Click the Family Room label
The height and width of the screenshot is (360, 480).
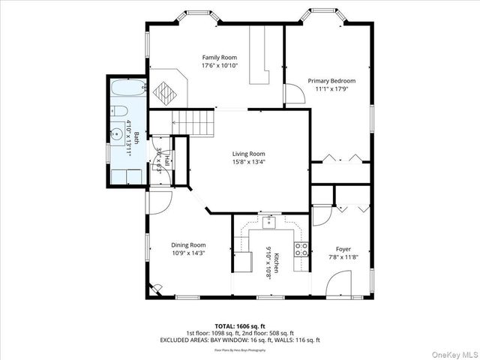click(219, 58)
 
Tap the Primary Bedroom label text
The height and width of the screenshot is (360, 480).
click(331, 80)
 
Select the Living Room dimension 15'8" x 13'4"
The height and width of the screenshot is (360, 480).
click(248, 161)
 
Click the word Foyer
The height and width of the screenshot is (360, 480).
click(343, 249)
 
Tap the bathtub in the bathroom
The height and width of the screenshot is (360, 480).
click(127, 90)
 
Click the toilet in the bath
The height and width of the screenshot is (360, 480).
click(118, 111)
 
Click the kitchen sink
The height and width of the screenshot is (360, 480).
click(269, 221)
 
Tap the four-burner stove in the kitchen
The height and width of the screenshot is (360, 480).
click(301, 249)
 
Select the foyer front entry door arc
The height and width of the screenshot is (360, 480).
click(339, 286)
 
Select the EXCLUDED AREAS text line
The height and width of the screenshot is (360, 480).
click(239, 340)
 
